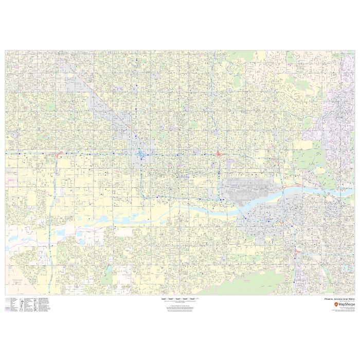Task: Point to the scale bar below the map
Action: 179,299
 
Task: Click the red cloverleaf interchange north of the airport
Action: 219,153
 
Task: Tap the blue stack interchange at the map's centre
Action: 141,154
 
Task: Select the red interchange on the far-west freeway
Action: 58,153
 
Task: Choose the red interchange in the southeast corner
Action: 297,251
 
